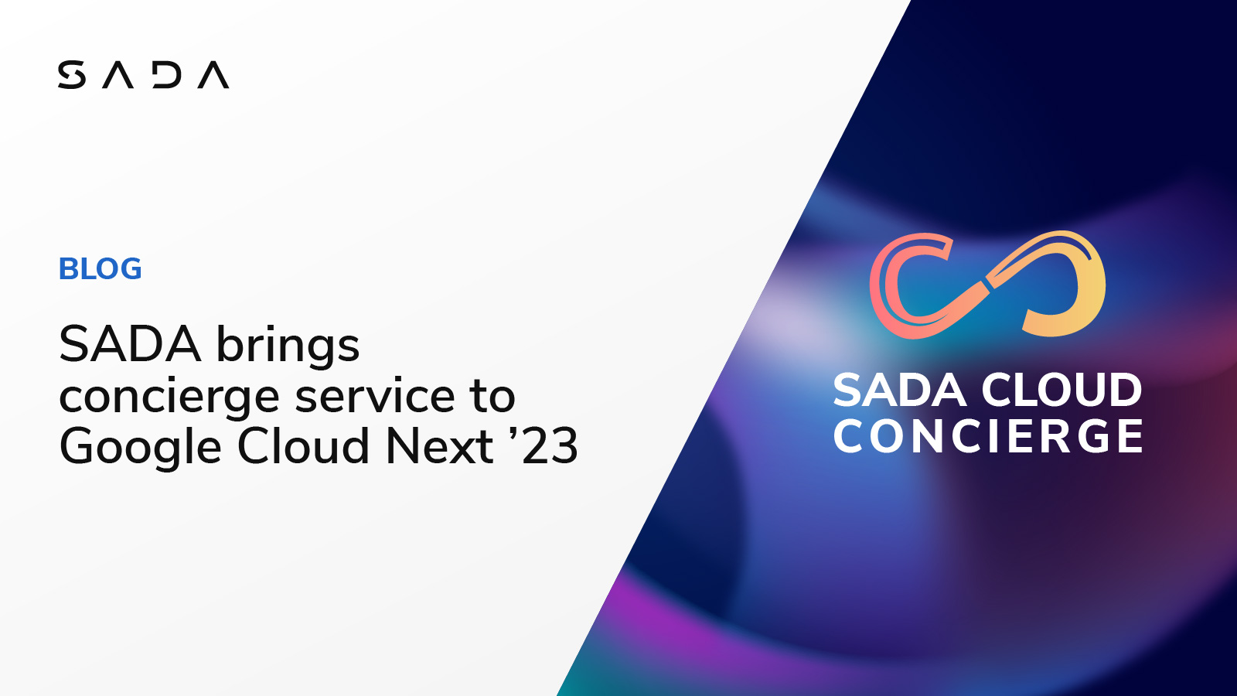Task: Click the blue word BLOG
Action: click(x=101, y=269)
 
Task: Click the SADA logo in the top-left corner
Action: click(x=143, y=75)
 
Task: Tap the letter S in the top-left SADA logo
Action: click(x=72, y=75)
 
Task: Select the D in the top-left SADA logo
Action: click(x=167, y=75)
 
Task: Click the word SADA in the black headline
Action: click(x=130, y=344)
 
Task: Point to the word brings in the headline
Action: click(x=288, y=346)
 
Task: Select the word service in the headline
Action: click(x=375, y=396)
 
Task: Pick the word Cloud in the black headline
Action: click(x=304, y=446)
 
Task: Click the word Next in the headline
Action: click(x=439, y=446)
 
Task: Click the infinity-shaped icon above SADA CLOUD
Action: click(x=987, y=285)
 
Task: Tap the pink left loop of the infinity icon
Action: click(x=905, y=286)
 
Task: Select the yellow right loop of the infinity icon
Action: click(x=1071, y=282)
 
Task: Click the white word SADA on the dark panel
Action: click(x=900, y=390)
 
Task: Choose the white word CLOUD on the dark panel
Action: click(x=1062, y=390)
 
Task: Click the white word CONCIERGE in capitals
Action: click(x=988, y=437)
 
